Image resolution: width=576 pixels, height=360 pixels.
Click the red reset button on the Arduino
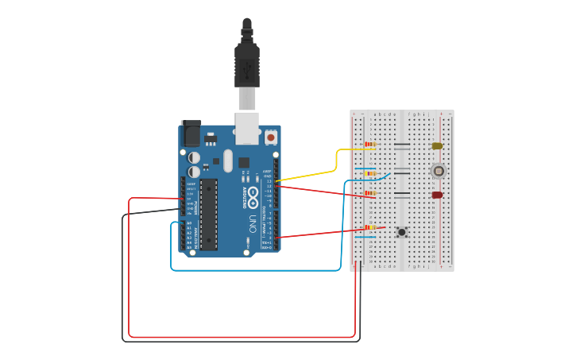[271, 137]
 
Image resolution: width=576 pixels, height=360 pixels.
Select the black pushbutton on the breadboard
[402, 232]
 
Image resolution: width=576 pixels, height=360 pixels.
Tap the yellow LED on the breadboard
[436, 145]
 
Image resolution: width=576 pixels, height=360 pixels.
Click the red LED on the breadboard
[436, 195]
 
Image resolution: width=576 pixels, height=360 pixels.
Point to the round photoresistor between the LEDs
[437, 171]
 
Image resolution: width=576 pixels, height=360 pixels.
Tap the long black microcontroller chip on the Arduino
[208, 213]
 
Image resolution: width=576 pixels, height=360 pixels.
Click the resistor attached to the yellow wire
[370, 145]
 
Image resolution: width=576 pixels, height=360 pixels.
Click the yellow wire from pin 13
[334, 163]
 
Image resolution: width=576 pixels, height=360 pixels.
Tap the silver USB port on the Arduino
[247, 128]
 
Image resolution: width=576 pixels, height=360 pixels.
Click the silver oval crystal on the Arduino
[228, 161]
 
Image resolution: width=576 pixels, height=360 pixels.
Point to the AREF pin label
[267, 172]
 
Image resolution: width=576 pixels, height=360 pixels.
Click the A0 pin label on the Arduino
[188, 223]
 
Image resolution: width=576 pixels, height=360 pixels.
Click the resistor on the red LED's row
[370, 193]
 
